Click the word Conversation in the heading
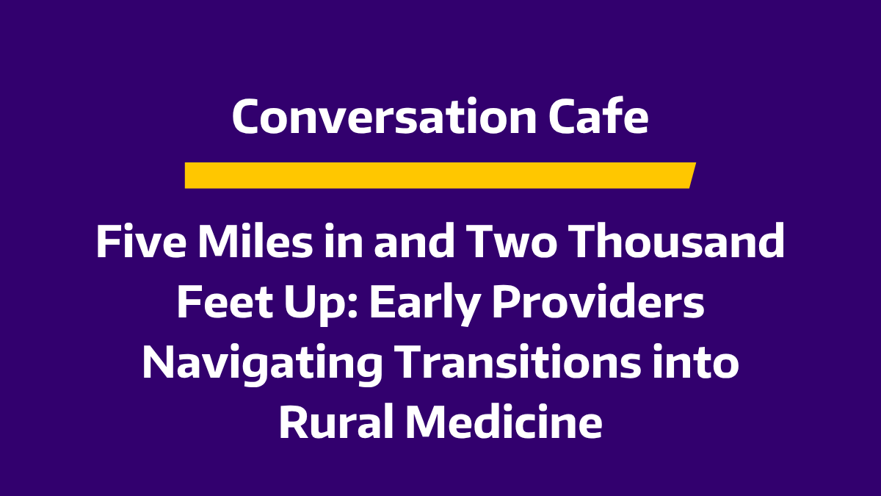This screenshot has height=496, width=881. [384, 117]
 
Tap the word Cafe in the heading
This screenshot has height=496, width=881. [598, 117]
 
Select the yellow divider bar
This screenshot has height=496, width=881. [440, 175]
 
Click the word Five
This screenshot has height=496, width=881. [141, 241]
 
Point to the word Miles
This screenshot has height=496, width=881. [255, 241]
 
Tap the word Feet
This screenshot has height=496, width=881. [225, 302]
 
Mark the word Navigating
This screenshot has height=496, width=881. [262, 365]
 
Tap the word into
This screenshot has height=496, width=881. [695, 362]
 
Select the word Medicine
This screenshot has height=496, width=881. [504, 422]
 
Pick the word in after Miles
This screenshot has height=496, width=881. [343, 241]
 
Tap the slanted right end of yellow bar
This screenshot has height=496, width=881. [693, 175]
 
